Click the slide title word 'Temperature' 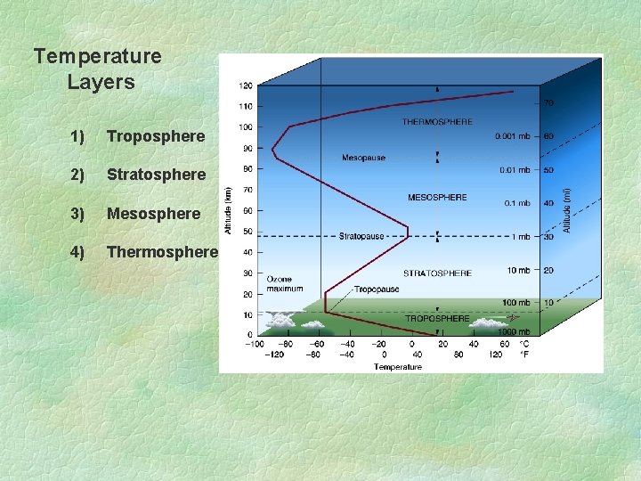coord(98,57)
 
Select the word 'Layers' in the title coord(101,83)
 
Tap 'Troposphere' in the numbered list coord(156,136)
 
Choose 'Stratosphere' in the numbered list coord(156,175)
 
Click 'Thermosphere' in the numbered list coord(162,252)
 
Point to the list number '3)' coord(77,214)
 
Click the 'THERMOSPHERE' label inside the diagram coord(437,121)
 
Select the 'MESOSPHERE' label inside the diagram coord(437,197)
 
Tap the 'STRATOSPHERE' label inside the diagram coord(437,273)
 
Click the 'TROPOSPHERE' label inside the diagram coord(437,318)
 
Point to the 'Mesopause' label coord(364,158)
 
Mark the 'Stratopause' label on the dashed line coord(362,237)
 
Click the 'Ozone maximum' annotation coord(285,283)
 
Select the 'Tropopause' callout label coord(377,289)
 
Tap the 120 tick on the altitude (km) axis coord(245,86)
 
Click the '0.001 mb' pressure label coord(513,136)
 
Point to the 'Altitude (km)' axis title coord(228,210)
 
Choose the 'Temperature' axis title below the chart coord(398,366)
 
